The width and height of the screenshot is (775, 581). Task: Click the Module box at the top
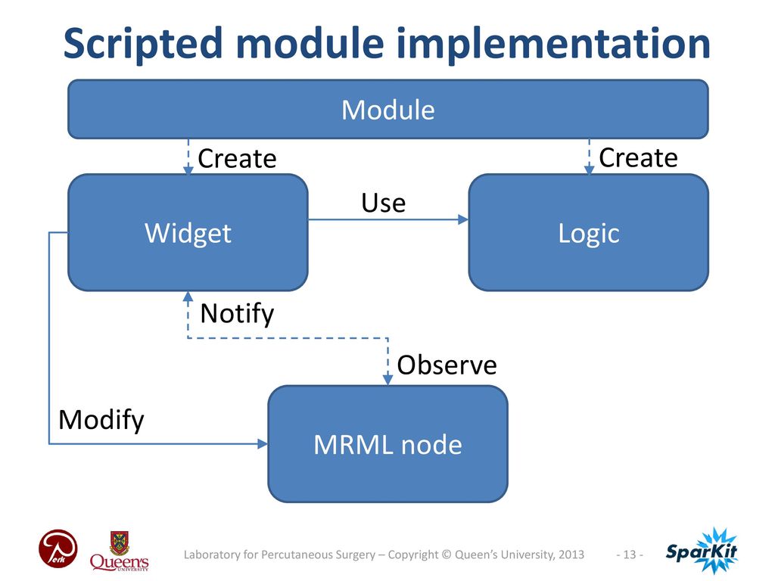tap(388, 109)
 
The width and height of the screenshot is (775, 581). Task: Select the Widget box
tap(188, 232)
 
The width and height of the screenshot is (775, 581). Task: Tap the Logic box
tap(589, 232)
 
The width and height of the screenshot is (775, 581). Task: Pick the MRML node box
tap(388, 443)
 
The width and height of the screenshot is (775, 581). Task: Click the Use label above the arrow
tap(384, 203)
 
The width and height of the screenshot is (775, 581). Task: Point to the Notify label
tap(237, 313)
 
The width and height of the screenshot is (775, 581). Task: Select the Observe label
tap(447, 365)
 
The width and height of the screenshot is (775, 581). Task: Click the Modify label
tap(101, 420)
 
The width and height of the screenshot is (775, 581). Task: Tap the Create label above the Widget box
tap(237, 159)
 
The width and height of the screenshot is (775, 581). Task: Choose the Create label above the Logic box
tap(638, 157)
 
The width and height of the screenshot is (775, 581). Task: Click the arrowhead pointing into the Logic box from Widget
tap(463, 219)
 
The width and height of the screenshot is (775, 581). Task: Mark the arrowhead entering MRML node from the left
tap(263, 443)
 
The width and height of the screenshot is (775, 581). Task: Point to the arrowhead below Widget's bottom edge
tap(188, 297)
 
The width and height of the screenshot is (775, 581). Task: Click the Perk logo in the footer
tap(58, 549)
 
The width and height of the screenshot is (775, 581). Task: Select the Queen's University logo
tap(119, 551)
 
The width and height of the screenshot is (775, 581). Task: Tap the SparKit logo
tap(702, 551)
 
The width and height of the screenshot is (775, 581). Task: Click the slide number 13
tap(630, 555)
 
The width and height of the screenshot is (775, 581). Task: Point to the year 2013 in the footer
tap(571, 555)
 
